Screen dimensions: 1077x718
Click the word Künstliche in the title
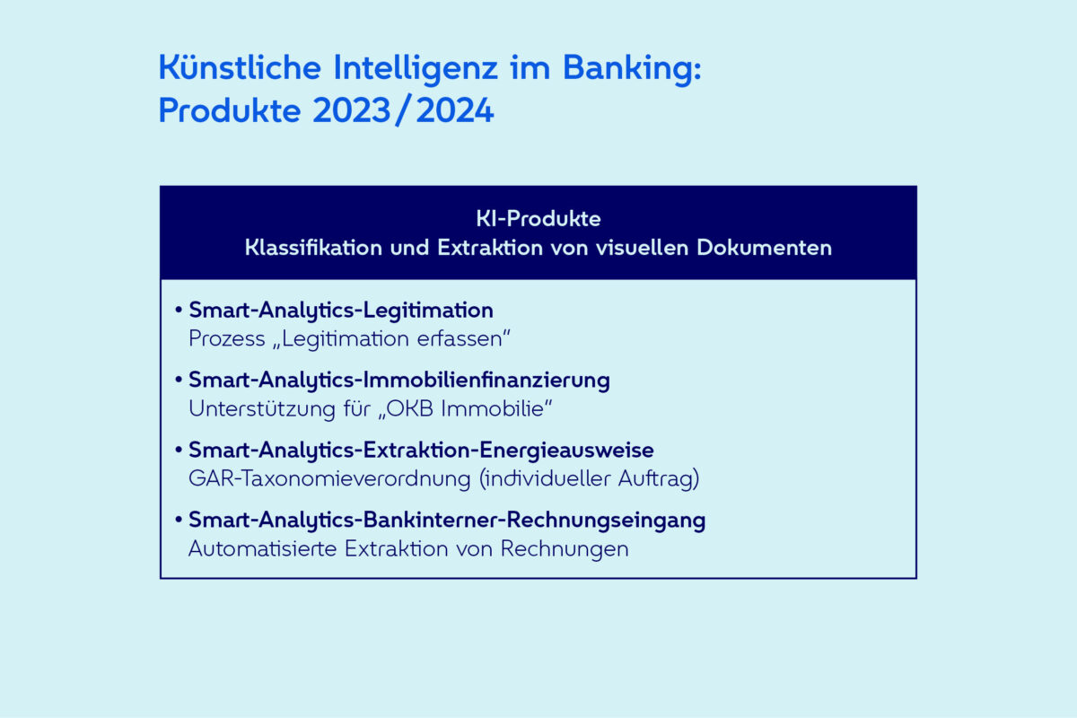[240, 67]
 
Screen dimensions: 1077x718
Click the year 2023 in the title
[352, 110]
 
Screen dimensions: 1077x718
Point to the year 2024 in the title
[455, 110]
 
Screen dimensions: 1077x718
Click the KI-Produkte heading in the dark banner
[538, 219]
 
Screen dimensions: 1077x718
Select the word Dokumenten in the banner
[764, 248]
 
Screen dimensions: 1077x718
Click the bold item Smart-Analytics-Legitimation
[341, 311]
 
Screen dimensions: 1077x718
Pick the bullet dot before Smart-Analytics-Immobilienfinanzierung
[179, 380]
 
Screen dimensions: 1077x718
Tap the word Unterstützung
[262, 409]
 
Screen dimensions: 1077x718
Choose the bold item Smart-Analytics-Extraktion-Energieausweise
[421, 451]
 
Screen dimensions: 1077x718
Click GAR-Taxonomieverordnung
[330, 479]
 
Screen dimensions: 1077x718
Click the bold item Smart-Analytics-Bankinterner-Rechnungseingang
[447, 521]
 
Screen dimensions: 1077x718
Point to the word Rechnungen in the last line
[565, 549]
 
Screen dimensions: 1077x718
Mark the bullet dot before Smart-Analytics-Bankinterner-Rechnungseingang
[179, 520]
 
